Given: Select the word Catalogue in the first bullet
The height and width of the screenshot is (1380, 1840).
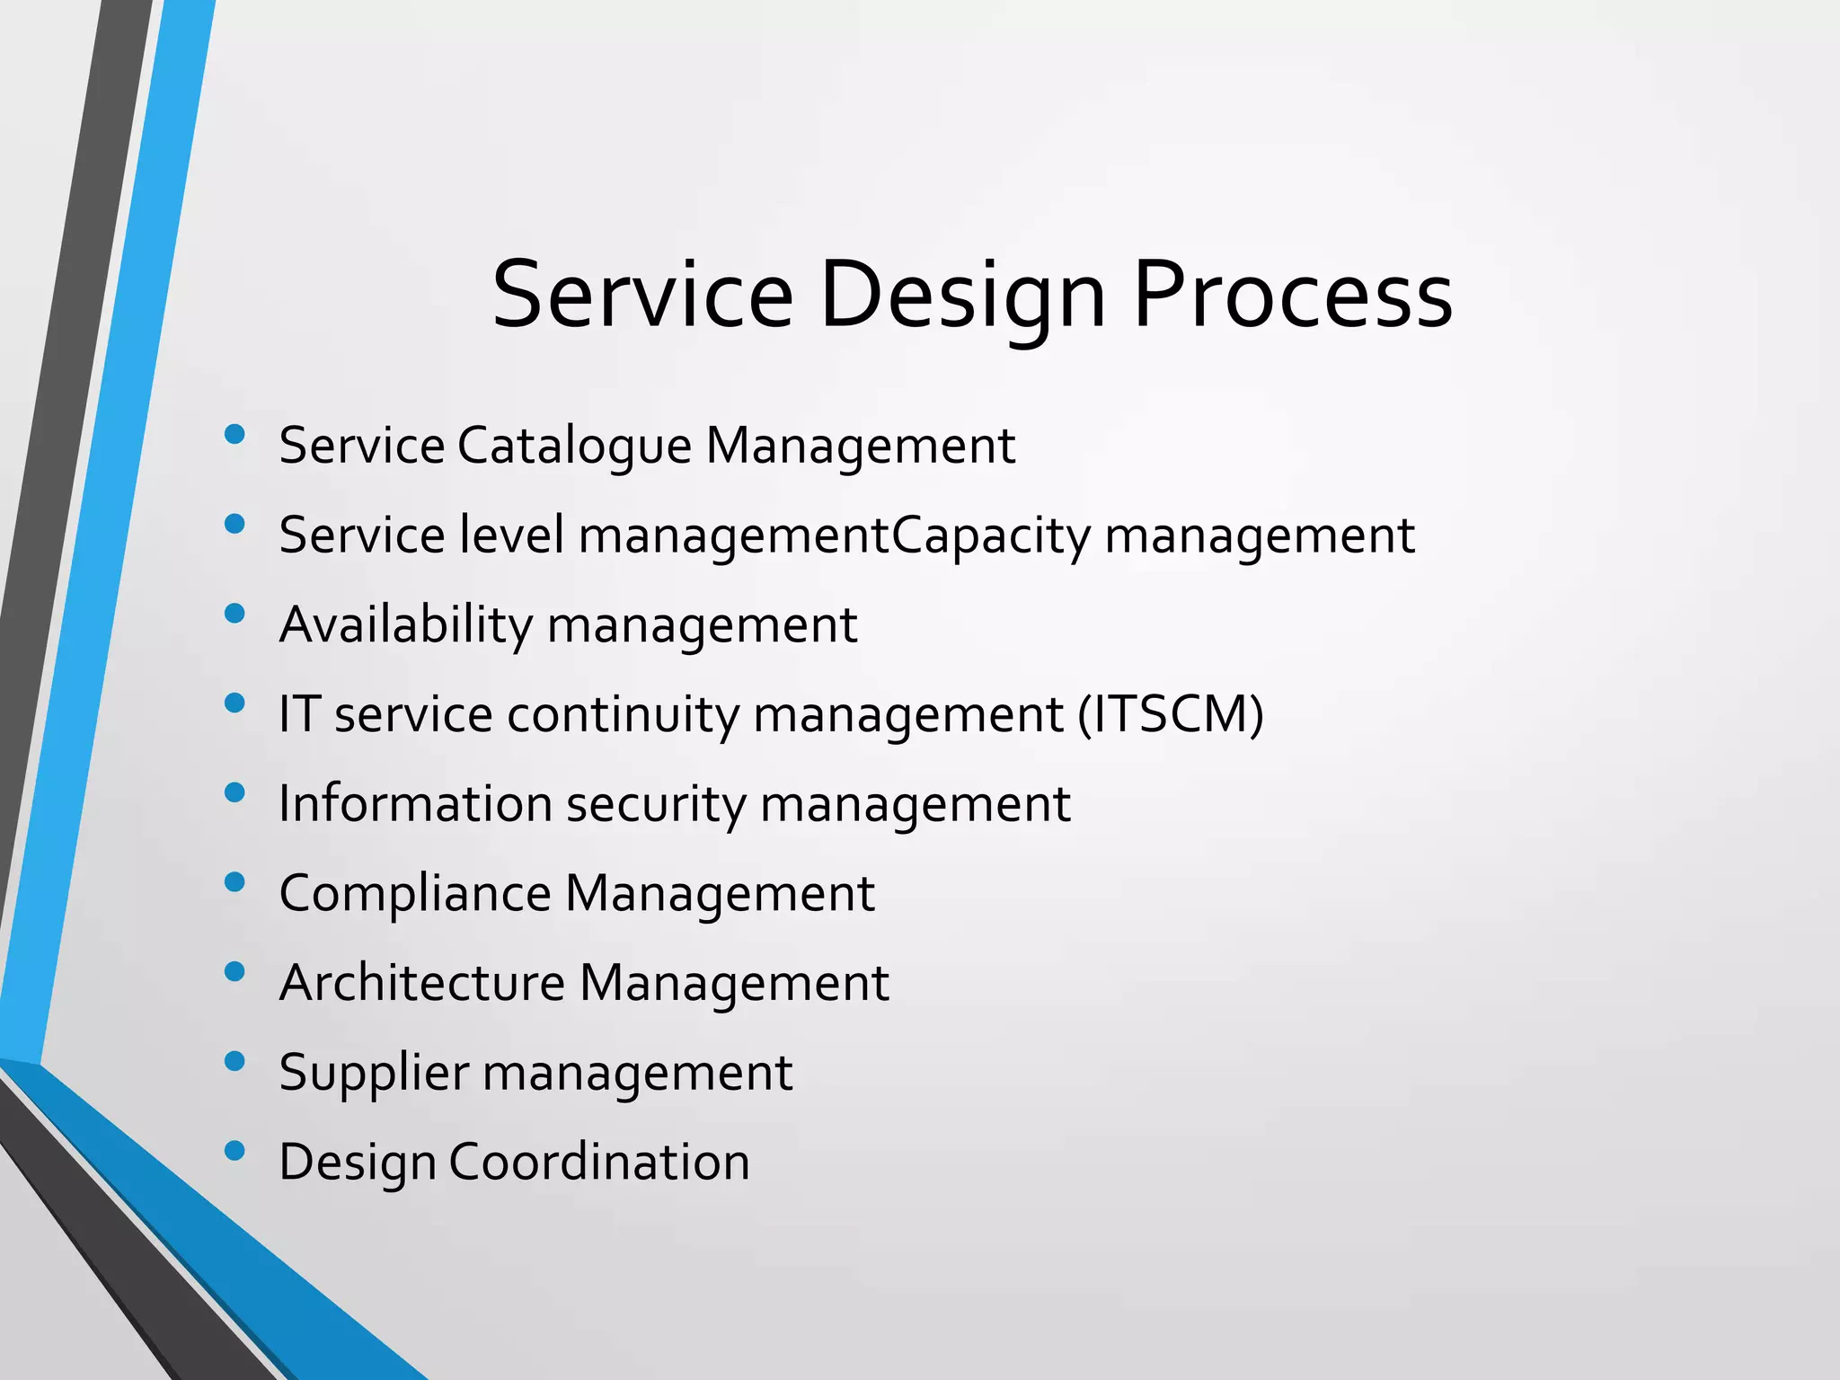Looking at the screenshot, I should (574, 446).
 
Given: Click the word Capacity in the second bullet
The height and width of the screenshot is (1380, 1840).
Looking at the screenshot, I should (991, 535).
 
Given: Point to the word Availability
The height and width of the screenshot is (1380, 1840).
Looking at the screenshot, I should (406, 625).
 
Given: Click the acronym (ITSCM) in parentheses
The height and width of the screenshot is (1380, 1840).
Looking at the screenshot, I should (1171, 714).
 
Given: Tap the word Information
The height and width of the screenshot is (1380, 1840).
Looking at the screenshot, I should (415, 803).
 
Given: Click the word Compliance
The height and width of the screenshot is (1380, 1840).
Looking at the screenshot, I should (415, 894).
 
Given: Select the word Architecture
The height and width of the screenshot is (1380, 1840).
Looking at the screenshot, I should (422, 983).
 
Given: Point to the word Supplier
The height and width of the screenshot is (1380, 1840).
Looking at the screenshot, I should (374, 1073).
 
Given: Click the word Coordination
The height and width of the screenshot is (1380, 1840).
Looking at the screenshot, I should (599, 1162).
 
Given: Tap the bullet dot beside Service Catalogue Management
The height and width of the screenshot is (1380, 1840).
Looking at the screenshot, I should (234, 435).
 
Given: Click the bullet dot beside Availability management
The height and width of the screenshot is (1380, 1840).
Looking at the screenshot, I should (234, 614).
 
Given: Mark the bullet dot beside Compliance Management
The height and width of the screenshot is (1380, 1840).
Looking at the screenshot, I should (234, 882).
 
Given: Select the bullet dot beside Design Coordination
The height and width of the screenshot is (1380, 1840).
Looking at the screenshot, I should (234, 1151).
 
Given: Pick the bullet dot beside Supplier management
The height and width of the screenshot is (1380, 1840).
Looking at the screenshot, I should (234, 1061).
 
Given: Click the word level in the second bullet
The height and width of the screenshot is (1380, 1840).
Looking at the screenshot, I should (511, 535).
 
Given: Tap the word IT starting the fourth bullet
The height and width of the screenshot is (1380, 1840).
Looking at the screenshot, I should (299, 714).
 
